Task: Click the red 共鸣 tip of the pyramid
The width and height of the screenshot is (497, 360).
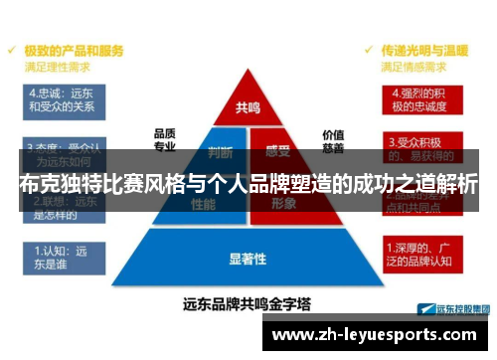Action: pyautogui.click(x=248, y=105)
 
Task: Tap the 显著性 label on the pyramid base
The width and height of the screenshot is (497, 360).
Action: pyautogui.click(x=248, y=260)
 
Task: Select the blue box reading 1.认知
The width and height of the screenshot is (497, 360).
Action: pyautogui.click(x=61, y=258)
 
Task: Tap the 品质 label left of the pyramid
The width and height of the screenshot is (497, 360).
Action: pyautogui.click(x=164, y=132)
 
